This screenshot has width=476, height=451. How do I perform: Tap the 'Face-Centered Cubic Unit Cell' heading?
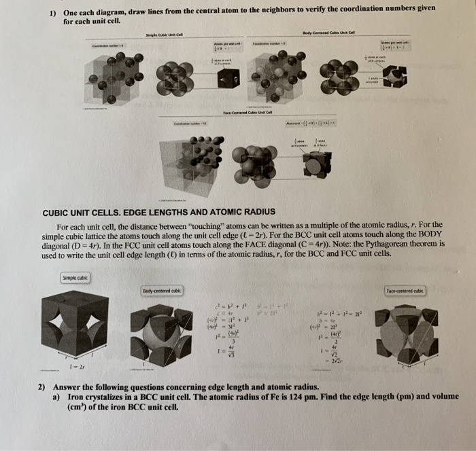point(247,113)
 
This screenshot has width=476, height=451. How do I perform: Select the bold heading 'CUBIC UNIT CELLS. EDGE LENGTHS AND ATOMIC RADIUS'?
point(159,211)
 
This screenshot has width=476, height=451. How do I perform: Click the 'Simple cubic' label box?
point(75,277)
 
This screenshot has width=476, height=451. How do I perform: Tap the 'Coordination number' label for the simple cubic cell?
point(112,46)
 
